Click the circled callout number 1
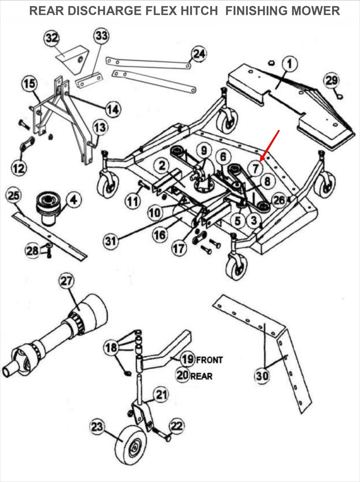pyautogui.click(x=290, y=64)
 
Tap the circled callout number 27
pyautogui.click(x=66, y=281)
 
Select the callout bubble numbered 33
pyautogui.click(x=101, y=36)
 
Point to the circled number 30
pyautogui.click(x=262, y=376)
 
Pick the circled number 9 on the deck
pyautogui.click(x=204, y=150)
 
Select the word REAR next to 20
pyautogui.click(x=201, y=376)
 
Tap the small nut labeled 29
pyautogui.click(x=339, y=96)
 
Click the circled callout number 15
pyautogui.click(x=29, y=83)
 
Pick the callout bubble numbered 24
pyautogui.click(x=199, y=54)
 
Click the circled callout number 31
pyautogui.click(x=111, y=241)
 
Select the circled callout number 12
pyautogui.click(x=19, y=167)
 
